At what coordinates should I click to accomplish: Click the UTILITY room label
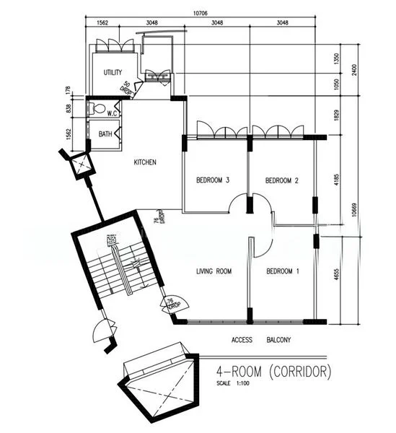(x=113, y=72)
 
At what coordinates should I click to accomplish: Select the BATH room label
(x=105, y=134)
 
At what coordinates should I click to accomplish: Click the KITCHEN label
(x=145, y=162)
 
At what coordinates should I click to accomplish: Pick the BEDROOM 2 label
(x=281, y=180)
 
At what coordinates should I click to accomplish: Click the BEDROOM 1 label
(x=282, y=271)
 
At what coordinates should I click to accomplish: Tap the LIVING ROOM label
(x=214, y=271)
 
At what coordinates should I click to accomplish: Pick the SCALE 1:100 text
(x=236, y=382)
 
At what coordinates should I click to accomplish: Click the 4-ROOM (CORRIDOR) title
(x=273, y=372)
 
